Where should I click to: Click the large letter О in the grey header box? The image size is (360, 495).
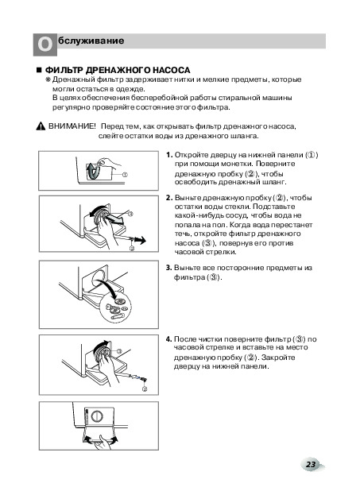click(45, 44)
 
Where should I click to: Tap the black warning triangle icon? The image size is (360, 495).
click(41, 126)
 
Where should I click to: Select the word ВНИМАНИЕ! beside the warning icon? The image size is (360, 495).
click(72, 126)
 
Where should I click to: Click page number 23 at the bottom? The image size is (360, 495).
click(311, 464)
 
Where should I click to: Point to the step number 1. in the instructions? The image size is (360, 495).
click(169, 155)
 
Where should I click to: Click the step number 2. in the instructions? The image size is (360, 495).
click(169, 198)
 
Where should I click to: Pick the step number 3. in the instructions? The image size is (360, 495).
click(169, 268)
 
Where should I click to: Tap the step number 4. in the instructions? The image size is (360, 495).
click(169, 339)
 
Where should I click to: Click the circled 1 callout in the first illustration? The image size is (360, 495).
click(125, 175)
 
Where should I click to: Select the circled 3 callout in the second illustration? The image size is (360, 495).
click(130, 214)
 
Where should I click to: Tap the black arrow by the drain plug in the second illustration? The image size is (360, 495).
click(141, 240)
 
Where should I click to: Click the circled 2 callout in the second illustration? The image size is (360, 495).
click(132, 248)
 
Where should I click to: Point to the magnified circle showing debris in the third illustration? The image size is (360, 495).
click(117, 306)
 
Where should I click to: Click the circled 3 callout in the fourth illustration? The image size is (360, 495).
click(119, 351)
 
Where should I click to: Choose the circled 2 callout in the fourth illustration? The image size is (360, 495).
click(145, 389)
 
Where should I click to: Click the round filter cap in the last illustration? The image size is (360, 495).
click(97, 416)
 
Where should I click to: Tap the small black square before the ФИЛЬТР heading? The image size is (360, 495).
click(39, 70)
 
